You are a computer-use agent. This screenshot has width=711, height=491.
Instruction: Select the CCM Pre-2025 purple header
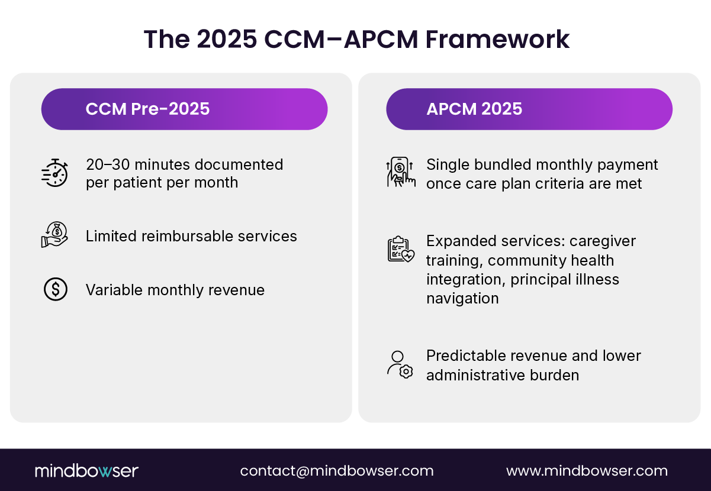tap(184, 109)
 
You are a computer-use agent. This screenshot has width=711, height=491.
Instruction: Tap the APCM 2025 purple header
tap(529, 109)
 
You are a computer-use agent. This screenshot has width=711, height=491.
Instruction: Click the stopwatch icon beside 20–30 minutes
tap(55, 173)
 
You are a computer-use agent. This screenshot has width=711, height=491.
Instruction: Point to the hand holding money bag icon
tap(55, 235)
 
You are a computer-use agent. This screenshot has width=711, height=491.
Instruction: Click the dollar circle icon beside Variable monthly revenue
tap(55, 289)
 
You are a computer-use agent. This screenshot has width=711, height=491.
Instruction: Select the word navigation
tap(462, 298)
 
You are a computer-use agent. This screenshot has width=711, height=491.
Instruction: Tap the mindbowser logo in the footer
tap(86, 471)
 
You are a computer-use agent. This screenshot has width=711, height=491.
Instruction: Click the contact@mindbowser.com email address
tap(336, 471)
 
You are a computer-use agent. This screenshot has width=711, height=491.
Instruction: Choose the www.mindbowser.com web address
tap(587, 471)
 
